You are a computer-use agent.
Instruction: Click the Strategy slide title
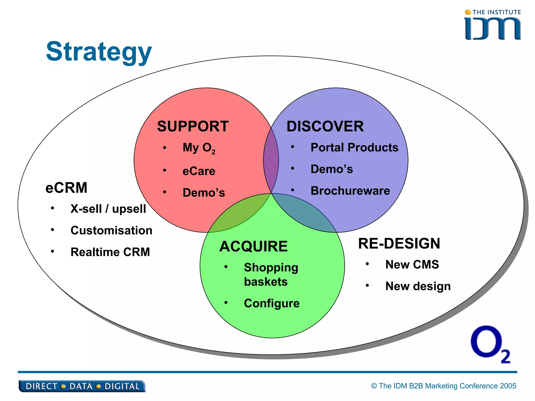click(99, 52)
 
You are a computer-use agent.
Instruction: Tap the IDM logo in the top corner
click(493, 26)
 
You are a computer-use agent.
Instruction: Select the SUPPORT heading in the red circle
click(193, 126)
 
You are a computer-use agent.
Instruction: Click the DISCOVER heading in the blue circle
click(325, 126)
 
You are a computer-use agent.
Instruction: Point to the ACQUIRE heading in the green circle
click(253, 246)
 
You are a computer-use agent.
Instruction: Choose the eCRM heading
click(66, 188)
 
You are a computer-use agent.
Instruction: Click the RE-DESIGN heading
click(399, 244)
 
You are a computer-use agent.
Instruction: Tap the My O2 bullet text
click(199, 148)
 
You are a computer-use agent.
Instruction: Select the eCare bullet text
click(199, 171)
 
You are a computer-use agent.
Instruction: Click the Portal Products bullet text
click(354, 148)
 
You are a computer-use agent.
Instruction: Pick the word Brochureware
click(350, 191)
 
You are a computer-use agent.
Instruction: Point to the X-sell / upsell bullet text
click(108, 209)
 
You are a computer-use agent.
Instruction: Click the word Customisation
click(111, 231)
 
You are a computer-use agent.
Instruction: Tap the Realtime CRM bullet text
click(110, 252)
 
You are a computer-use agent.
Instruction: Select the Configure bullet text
click(272, 303)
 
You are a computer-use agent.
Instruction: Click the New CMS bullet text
click(412, 264)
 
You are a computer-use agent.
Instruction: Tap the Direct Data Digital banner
click(82, 386)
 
